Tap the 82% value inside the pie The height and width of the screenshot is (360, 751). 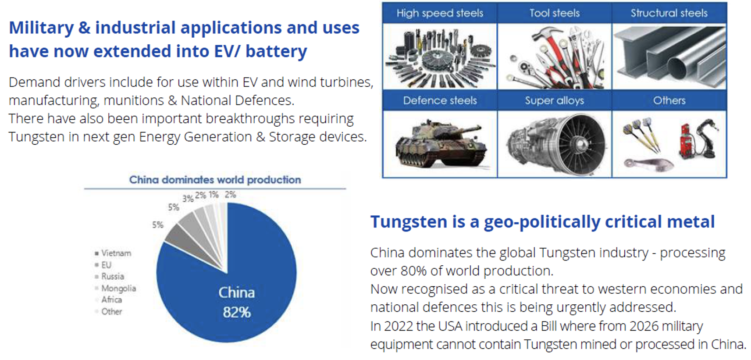click(237, 312)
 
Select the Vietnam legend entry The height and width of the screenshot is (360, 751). click(113, 253)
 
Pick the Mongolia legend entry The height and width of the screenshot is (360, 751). click(115, 288)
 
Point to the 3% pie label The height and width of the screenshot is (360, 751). click(188, 199)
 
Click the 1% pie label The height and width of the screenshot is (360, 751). click(214, 194)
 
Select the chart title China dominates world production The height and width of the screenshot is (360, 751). click(215, 180)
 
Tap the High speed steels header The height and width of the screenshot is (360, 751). click(440, 13)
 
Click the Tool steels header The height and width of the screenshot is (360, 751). click(555, 13)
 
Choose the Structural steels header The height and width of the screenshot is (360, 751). click(669, 13)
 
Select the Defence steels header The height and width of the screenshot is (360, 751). click(440, 100)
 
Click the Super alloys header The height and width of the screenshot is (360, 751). click(555, 100)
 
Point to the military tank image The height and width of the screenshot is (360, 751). click(441, 144)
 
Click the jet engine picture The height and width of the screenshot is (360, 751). click(556, 144)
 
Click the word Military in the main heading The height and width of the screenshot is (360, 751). click(41, 28)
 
